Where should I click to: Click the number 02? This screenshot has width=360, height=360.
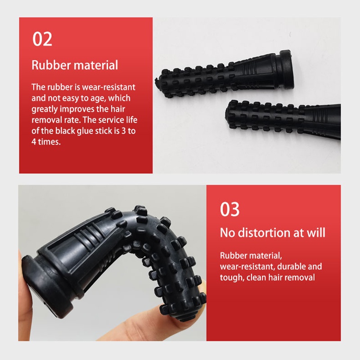pyautogui.click(x=42, y=39)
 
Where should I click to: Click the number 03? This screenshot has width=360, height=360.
pyautogui.click(x=229, y=209)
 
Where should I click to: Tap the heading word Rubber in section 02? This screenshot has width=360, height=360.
pyautogui.click(x=51, y=65)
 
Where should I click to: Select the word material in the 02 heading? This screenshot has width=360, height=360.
pyautogui.click(x=96, y=65)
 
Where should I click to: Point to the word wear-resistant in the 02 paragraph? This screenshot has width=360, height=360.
pyautogui.click(x=108, y=87)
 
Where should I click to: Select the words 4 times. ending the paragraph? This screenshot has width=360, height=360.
pyautogui.click(x=46, y=142)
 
